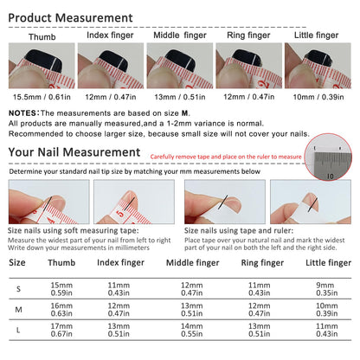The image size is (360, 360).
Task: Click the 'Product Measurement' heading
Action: (x=70, y=18)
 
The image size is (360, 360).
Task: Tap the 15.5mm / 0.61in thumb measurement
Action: (x=42, y=97)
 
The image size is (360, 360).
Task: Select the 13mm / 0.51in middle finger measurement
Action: (x=180, y=97)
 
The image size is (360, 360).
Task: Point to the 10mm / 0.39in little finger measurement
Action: (x=318, y=97)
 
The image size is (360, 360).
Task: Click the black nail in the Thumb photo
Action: (x=43, y=60)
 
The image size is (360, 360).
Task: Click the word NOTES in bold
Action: (x=23, y=113)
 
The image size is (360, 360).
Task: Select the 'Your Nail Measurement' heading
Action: (x=74, y=152)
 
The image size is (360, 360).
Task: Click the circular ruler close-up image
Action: (x=328, y=157)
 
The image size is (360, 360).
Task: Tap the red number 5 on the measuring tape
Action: (x=121, y=214)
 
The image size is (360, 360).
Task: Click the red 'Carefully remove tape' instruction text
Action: (x=226, y=157)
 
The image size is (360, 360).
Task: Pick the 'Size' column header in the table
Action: (x=17, y=262)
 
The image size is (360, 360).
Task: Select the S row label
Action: (x=18, y=289)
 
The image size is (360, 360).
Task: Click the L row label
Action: (x=18, y=331)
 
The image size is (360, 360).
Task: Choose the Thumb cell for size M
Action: (x=61, y=310)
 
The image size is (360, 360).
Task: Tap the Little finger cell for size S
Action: (x=326, y=289)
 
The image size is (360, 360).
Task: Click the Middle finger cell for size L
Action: (x=192, y=330)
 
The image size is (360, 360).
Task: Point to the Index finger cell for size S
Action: (x=119, y=289)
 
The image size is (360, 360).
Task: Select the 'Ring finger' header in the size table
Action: (x=262, y=263)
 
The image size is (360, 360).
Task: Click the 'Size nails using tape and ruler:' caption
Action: (x=239, y=231)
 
